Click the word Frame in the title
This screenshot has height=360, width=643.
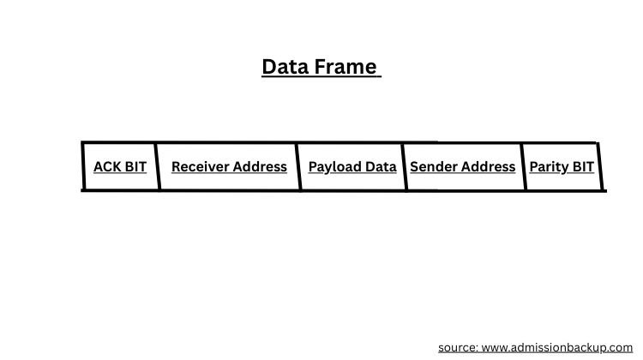click(x=348, y=67)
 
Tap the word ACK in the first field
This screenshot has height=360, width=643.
click(x=107, y=166)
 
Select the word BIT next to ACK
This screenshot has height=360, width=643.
click(x=135, y=166)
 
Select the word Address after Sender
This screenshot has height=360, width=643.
click(x=490, y=166)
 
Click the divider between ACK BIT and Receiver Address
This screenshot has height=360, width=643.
click(x=159, y=166)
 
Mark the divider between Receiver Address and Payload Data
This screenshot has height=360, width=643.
click(x=299, y=166)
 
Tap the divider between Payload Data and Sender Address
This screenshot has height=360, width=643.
click(x=404, y=166)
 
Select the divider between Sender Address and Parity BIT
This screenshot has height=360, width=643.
click(x=523, y=166)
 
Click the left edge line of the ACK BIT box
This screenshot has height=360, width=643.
click(x=83, y=166)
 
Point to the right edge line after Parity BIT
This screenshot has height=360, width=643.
click(x=600, y=166)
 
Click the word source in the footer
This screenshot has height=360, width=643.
click(x=458, y=347)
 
